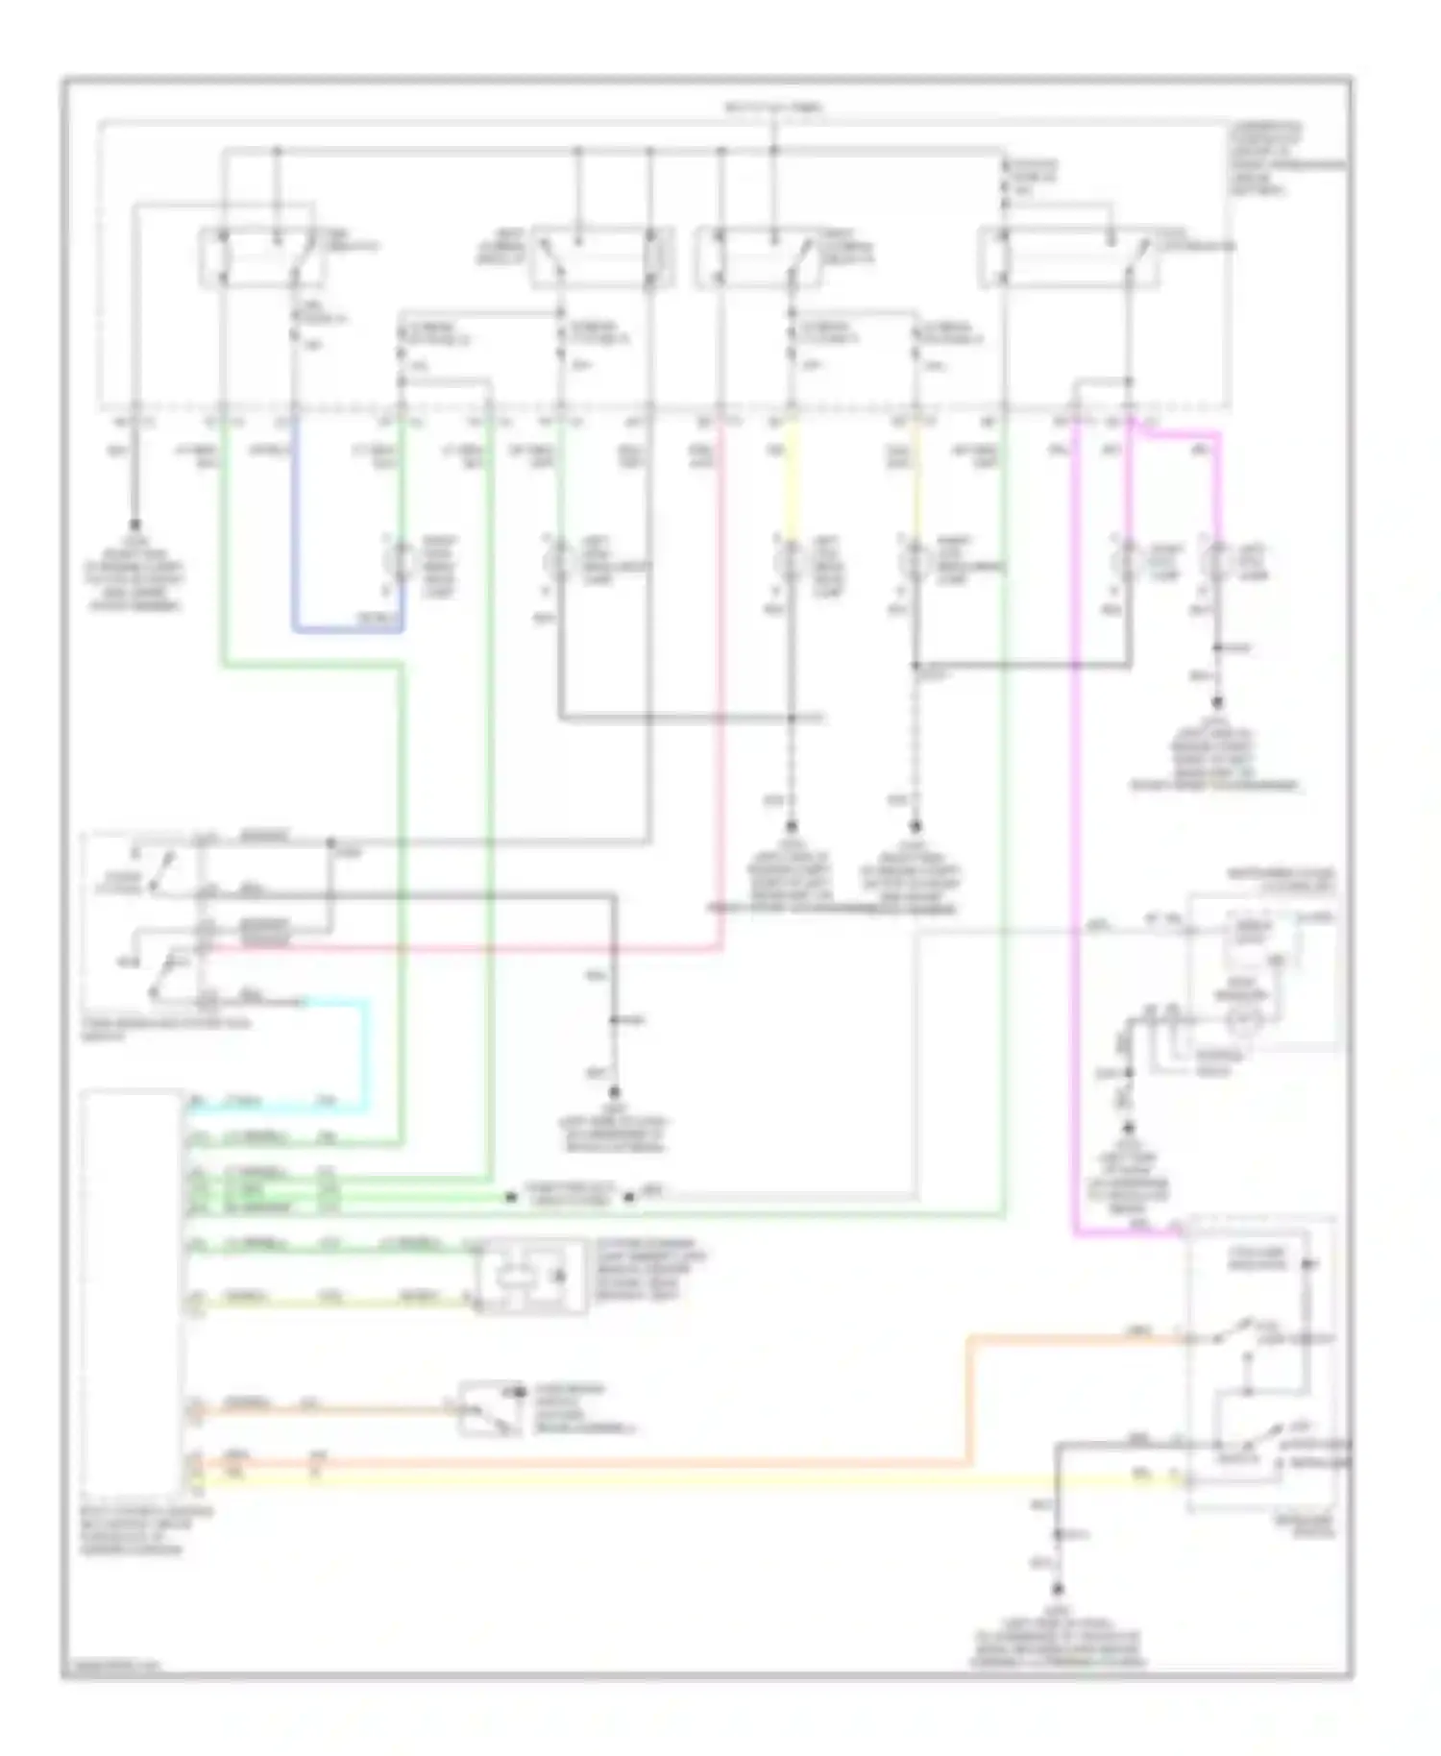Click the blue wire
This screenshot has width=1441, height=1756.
[x=346, y=630]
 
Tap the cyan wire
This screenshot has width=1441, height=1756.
[x=366, y=1057]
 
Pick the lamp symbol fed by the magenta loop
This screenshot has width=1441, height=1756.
[x=1218, y=562]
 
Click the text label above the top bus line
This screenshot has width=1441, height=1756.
[x=773, y=108]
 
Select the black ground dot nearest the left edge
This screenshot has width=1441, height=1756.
[x=134, y=526]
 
